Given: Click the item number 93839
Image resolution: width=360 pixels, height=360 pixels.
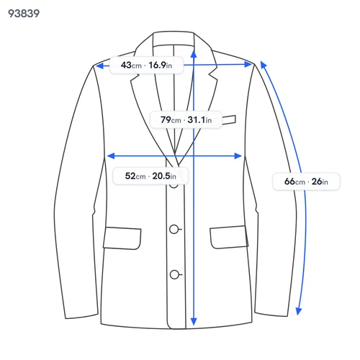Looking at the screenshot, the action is (x=24, y=14).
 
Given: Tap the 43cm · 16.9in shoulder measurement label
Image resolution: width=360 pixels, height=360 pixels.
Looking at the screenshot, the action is (x=146, y=65).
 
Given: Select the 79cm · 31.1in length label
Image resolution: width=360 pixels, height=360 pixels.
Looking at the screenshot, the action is (x=186, y=120).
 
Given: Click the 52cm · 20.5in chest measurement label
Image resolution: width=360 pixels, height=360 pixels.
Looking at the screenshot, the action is (x=150, y=176).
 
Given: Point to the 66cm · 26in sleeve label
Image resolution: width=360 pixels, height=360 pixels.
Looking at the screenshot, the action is (x=306, y=181).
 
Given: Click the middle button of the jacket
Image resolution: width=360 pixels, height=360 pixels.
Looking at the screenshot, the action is (x=174, y=229).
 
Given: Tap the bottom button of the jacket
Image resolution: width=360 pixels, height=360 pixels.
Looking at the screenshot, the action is (x=174, y=274).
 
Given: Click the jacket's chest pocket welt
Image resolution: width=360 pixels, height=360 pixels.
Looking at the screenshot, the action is (x=229, y=120).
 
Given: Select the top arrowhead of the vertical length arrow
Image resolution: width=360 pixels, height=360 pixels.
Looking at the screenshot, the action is (x=194, y=53).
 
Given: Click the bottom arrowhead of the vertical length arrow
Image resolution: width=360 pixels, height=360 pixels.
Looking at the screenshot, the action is (x=194, y=321).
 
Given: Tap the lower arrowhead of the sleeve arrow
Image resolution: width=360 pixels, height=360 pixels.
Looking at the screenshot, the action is (x=298, y=311).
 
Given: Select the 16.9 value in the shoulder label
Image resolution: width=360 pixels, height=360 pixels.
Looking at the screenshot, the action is (x=157, y=65).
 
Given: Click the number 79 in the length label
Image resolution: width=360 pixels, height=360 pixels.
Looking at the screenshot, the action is (x=166, y=120).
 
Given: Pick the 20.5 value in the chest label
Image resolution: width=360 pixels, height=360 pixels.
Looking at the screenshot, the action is (x=161, y=176).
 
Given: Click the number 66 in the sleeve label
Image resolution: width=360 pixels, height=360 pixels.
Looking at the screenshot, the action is (x=289, y=181).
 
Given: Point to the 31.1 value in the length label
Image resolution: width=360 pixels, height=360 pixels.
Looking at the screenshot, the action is (x=197, y=120).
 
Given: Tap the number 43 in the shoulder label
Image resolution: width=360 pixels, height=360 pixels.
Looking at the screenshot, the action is (x=126, y=65).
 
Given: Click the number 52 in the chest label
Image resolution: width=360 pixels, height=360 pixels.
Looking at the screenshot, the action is (x=130, y=176).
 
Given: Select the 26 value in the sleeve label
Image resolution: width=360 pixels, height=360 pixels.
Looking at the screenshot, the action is (x=317, y=181).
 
